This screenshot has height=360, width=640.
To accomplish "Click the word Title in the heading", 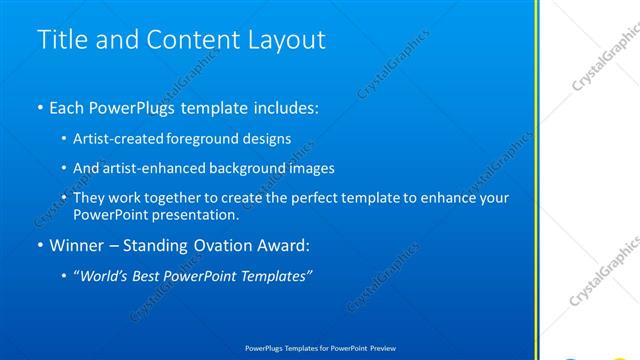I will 60,39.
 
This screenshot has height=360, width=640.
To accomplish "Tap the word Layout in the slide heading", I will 286,39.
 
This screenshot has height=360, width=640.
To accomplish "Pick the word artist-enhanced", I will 149,168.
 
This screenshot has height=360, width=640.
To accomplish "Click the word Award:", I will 291,245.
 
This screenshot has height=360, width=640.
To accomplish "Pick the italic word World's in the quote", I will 106,276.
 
